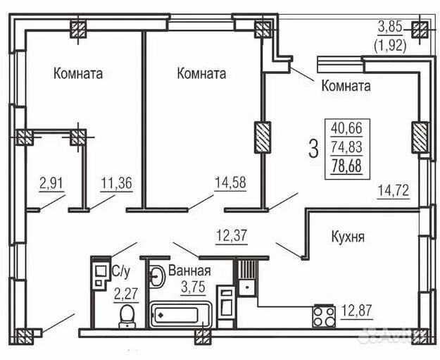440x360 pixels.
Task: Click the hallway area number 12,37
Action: coord(232,234)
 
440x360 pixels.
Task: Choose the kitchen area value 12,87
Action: coord(358,311)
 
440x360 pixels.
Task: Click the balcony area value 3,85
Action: coord(391,26)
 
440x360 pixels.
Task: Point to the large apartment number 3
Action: coord(313,148)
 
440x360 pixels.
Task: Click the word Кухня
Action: coord(348,237)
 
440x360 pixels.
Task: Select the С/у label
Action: coord(120,271)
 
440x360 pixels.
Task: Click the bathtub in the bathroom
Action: coord(180,314)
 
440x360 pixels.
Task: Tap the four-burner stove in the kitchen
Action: coord(324,315)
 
